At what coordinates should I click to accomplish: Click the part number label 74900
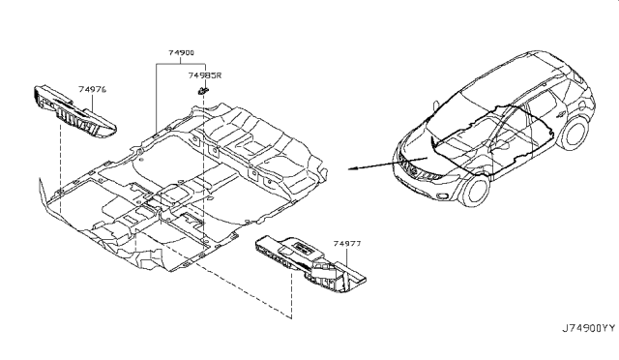pos(181,52)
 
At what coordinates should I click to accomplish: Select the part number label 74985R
pos(204,75)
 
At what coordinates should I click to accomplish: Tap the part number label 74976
pos(93,89)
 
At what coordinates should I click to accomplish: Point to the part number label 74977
pos(347,244)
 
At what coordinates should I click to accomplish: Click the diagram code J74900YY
pos(589,328)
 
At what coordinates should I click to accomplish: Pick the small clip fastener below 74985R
pos(202,91)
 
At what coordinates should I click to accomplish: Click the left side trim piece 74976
pos(75,112)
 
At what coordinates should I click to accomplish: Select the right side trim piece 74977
pos(310,264)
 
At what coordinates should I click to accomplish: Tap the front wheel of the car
pos(475,191)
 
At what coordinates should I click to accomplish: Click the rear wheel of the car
pos(575,134)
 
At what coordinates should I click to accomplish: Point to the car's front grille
pos(408,168)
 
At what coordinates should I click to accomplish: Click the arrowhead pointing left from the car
pos(352,168)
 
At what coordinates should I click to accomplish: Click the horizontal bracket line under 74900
pos(181,64)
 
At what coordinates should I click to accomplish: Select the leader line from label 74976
pos(93,104)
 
